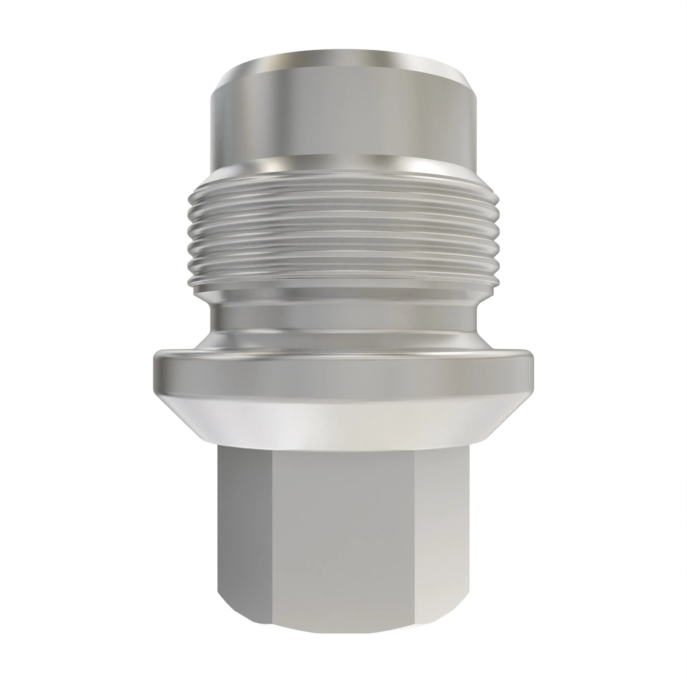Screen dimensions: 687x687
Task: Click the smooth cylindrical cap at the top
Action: (343, 117)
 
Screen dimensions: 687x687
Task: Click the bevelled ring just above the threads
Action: (343, 166)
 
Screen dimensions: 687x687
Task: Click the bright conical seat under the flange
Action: (343, 420)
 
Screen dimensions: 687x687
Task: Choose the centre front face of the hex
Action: (343, 533)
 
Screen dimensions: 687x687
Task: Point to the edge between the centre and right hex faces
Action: (415, 533)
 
